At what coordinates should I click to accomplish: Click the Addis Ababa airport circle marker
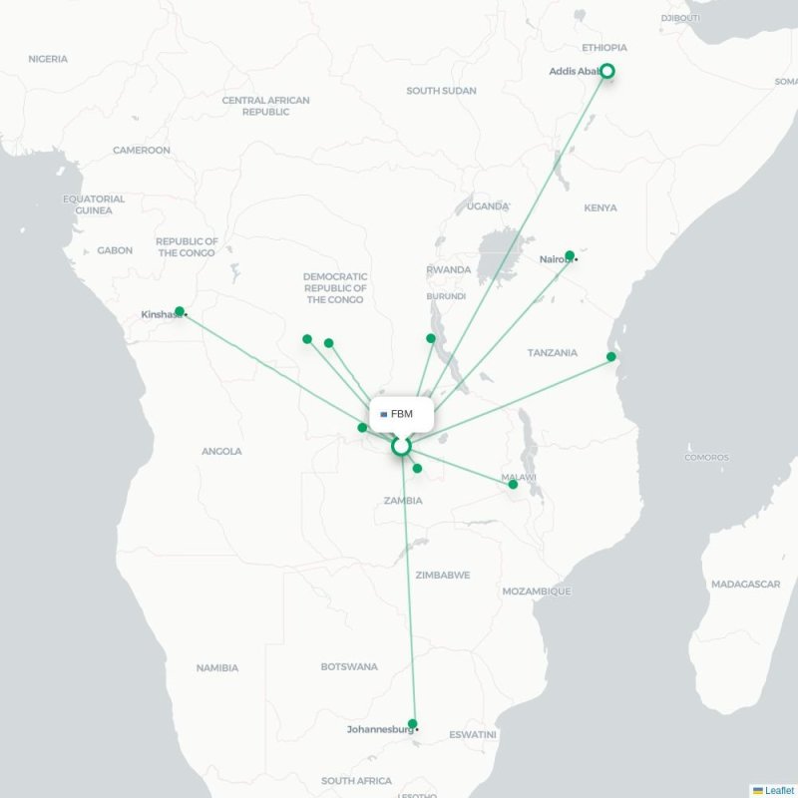[x=606, y=71]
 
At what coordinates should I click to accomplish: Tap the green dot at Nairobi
[x=570, y=255]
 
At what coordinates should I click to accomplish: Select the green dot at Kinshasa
[x=179, y=310]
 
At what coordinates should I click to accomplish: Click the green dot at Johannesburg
[x=413, y=724]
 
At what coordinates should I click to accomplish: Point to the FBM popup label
[x=402, y=413]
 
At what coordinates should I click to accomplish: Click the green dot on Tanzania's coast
[x=611, y=356]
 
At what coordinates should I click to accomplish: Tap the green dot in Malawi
[x=513, y=484]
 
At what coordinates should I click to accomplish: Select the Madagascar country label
[x=745, y=584]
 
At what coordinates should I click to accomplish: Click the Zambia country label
[x=403, y=500]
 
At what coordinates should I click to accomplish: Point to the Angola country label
[x=221, y=451]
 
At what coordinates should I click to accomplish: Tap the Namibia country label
[x=216, y=667]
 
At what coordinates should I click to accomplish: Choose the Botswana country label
[x=349, y=666]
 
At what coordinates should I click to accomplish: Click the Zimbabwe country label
[x=443, y=575]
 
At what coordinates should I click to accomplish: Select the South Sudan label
[x=441, y=91]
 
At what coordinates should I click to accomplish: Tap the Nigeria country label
[x=48, y=59]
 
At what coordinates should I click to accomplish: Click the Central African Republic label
[x=265, y=106]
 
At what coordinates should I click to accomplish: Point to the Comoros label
[x=706, y=457]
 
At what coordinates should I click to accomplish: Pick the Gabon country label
[x=115, y=250]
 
